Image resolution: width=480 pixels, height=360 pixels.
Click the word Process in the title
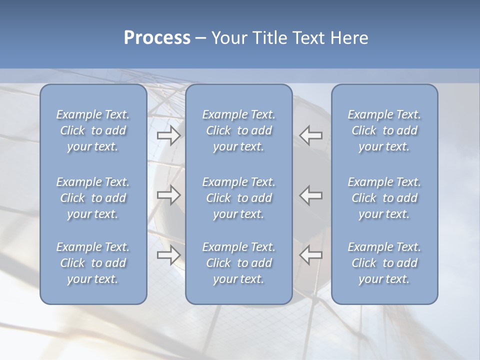click(157, 38)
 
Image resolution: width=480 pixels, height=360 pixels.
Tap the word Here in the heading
click(349, 38)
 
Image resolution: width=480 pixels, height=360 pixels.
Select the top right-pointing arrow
click(168, 135)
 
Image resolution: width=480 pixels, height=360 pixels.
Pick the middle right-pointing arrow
click(168, 195)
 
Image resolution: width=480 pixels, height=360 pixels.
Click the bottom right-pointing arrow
click(168, 255)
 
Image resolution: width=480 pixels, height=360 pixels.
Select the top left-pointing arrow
click(310, 135)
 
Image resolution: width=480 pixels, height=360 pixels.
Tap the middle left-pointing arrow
click(310, 195)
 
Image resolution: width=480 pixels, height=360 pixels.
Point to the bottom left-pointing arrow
click(310, 255)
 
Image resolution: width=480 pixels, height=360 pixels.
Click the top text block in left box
click(93, 130)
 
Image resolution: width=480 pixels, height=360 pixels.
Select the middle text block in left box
click(93, 198)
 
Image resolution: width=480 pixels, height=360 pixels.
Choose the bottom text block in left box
click(93, 263)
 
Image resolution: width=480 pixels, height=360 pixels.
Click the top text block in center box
click(238, 130)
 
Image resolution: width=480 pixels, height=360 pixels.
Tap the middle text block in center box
click(238, 198)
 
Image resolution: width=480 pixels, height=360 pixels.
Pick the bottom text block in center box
click(238, 263)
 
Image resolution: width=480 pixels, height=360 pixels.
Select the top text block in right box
click(384, 130)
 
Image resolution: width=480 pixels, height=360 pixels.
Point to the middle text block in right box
click(384, 198)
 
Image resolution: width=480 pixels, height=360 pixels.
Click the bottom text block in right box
click(384, 263)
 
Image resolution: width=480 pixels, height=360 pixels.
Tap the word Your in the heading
click(230, 38)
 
